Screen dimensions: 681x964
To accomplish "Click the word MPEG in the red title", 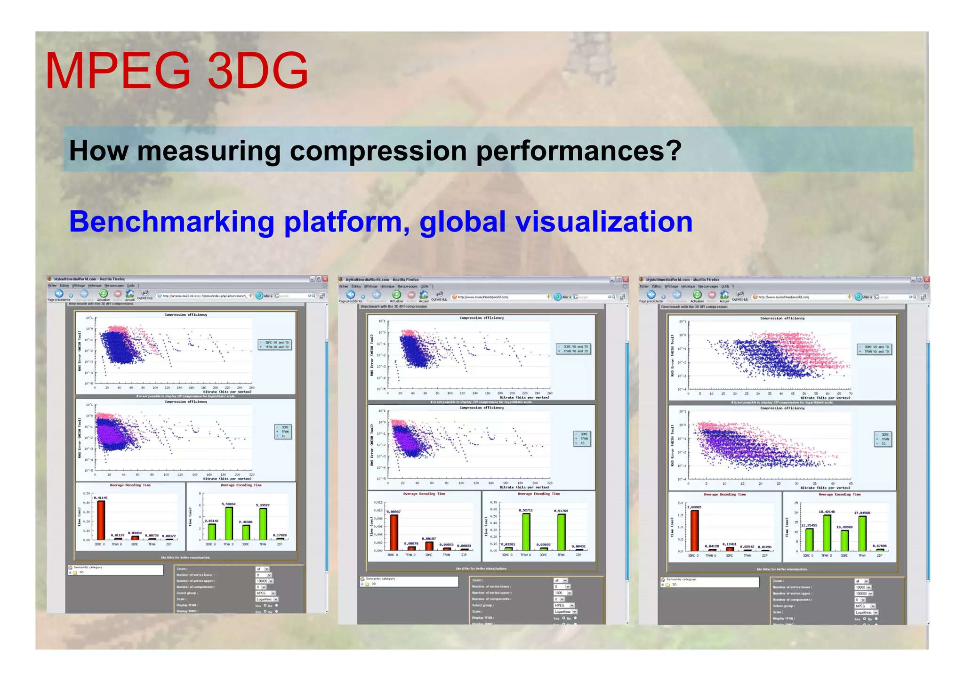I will (x=118, y=71).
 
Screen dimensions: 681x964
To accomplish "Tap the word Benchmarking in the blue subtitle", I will (x=172, y=222).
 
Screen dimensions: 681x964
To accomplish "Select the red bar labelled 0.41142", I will (x=101, y=520).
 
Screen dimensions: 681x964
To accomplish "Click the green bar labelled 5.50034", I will (x=229, y=523).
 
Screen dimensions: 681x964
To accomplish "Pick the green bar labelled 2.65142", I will (x=212, y=532).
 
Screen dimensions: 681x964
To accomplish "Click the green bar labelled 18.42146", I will (x=827, y=533).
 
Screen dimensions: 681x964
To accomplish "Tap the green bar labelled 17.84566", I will (x=862, y=534).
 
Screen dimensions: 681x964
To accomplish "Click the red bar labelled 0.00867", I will (x=394, y=532).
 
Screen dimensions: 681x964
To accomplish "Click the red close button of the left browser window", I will (x=325, y=279).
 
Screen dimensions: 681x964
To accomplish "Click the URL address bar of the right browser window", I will (x=800, y=297).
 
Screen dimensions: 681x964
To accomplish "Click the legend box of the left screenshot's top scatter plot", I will (x=275, y=345).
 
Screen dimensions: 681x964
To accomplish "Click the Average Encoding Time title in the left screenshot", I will (x=241, y=485).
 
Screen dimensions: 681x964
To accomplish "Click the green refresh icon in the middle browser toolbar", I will (x=396, y=295).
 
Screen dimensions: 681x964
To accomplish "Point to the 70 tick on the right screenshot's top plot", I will (x=851, y=393).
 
